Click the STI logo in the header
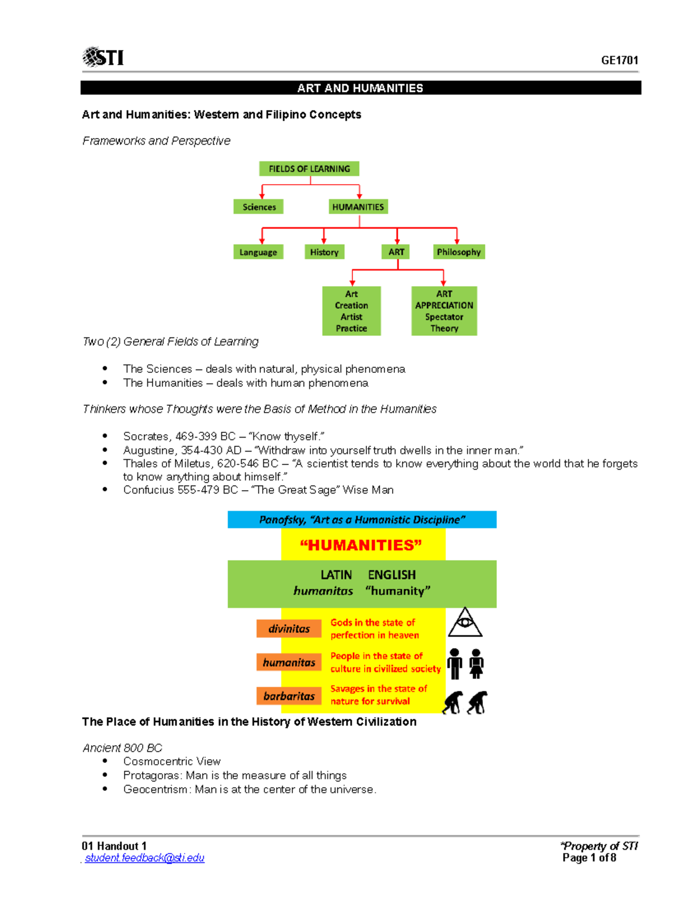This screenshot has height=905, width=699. click(x=103, y=57)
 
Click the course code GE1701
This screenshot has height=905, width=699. click(x=619, y=60)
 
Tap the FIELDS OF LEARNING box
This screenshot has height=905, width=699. click(x=309, y=168)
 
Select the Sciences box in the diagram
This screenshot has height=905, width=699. click(x=259, y=207)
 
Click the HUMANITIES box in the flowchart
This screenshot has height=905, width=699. click(x=358, y=207)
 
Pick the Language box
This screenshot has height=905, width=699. click(x=258, y=252)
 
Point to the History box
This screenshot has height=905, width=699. click(x=324, y=252)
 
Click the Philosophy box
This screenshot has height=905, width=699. click(x=458, y=252)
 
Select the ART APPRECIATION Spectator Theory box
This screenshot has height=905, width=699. click(x=444, y=311)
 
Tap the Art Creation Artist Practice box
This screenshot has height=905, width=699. click(x=351, y=311)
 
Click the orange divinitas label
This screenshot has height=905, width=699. click(x=289, y=628)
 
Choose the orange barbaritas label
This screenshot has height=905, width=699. click(x=289, y=696)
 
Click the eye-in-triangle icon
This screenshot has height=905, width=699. click(x=464, y=622)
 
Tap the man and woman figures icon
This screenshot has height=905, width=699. click(x=465, y=663)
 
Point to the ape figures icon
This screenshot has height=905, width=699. click(x=465, y=702)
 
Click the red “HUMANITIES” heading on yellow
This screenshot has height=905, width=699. click(x=361, y=545)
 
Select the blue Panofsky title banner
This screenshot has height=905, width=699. click(x=362, y=519)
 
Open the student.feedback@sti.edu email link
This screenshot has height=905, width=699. click(x=144, y=858)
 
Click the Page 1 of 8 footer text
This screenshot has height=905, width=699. click(x=589, y=858)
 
